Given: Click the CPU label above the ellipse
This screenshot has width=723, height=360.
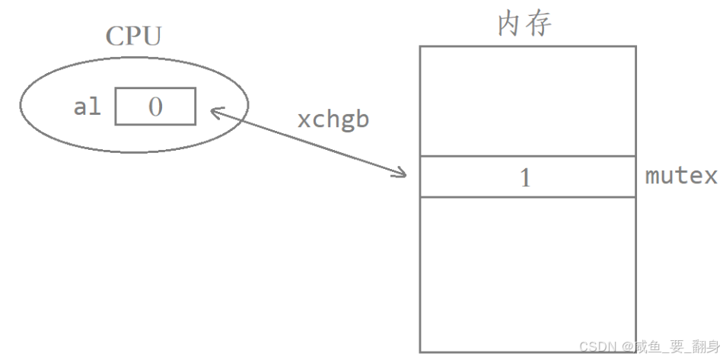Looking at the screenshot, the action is [x=134, y=37].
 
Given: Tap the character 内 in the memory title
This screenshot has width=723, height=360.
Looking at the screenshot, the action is [x=509, y=24].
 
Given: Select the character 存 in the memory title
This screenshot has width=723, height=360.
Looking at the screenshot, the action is [x=539, y=24].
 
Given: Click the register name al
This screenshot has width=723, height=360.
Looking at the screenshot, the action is [x=87, y=107].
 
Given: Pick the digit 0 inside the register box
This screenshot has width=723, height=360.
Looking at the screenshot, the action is [x=155, y=107].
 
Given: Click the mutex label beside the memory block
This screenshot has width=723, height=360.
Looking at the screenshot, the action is [x=681, y=177].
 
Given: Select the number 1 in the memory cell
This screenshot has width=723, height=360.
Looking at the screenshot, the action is [x=525, y=178].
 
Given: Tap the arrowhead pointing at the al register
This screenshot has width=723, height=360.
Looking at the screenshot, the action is [x=214, y=113].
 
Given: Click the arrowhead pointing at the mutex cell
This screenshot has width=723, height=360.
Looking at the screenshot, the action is [x=403, y=174].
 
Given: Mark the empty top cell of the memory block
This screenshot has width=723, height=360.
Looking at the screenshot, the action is [x=527, y=100].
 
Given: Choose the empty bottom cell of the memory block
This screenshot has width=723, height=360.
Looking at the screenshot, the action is [x=527, y=274].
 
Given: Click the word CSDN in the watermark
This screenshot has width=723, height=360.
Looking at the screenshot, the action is [x=597, y=347].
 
